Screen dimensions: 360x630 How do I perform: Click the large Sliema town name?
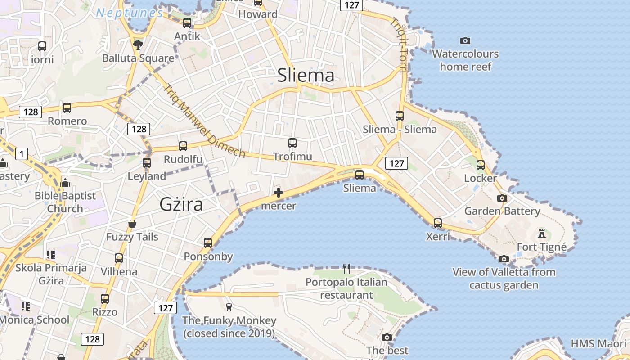(x=306, y=75)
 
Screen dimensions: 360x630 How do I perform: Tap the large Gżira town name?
(x=181, y=205)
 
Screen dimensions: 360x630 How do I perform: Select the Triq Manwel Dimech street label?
(x=205, y=121)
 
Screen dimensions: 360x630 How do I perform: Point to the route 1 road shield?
(x=21, y=154)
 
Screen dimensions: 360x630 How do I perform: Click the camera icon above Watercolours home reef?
(x=465, y=41)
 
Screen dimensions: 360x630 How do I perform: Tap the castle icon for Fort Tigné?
(x=542, y=234)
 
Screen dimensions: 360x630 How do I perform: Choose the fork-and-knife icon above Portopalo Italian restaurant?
(x=346, y=269)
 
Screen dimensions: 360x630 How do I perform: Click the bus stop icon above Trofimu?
(x=292, y=144)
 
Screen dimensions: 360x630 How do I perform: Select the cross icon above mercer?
(x=279, y=193)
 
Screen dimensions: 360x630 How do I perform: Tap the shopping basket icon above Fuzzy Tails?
(x=132, y=224)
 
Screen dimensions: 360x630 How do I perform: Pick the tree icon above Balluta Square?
(x=138, y=45)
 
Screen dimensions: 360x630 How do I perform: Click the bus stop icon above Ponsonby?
(x=208, y=243)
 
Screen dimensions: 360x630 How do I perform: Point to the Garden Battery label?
(x=502, y=211)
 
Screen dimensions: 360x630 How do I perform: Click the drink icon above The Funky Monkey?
(x=229, y=307)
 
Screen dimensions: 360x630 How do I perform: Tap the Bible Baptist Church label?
(x=65, y=202)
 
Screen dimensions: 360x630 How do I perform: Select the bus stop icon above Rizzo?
(x=105, y=299)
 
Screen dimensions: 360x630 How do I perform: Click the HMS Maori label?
(x=598, y=344)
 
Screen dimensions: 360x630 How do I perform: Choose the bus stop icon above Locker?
(x=481, y=165)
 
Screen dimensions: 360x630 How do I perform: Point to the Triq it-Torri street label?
(x=399, y=45)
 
